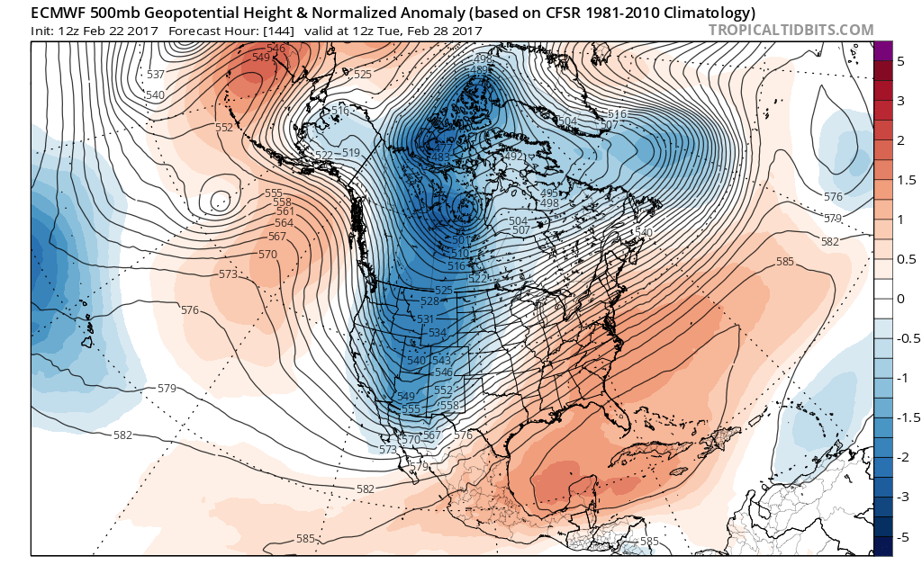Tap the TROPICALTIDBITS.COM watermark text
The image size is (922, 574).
[x=791, y=30]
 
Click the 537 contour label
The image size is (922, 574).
[x=156, y=74]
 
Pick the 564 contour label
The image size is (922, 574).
[x=284, y=223]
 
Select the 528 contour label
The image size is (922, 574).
[x=429, y=301]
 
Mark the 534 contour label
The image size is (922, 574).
[x=438, y=333]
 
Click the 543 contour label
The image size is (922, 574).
[x=441, y=361]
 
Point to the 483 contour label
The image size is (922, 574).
[x=441, y=157]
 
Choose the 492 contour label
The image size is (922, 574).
[x=513, y=157]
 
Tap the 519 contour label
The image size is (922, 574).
[x=350, y=152]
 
